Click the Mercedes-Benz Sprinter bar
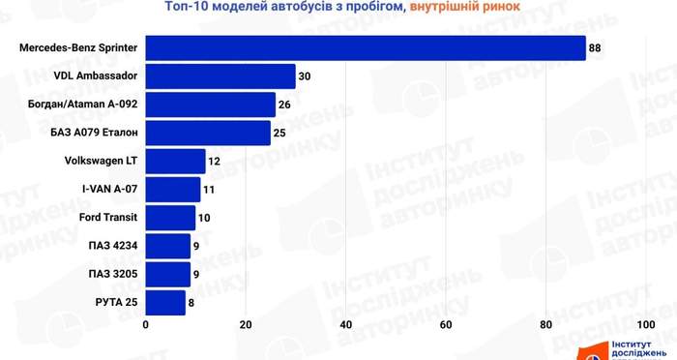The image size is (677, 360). pos(366,48)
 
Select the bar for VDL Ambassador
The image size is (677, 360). pos(221,76)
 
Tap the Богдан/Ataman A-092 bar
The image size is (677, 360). pos(210,105)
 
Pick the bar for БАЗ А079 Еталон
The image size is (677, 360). pos(208,133)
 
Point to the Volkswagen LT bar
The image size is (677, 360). pos(175,162)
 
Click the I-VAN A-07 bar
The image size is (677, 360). pos(173,190)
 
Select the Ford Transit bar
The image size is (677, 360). pos(170,218)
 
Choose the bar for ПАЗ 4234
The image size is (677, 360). pos(168,246)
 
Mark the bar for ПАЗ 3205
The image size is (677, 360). pos(168,274)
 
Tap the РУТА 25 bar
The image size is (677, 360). pos(165,303)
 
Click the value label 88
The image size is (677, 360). pos(595,48)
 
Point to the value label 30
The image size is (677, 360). pos(305,76)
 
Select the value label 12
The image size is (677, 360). pos(214,162)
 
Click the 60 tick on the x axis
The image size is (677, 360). pos(446,324)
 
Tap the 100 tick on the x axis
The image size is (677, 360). pos(646,324)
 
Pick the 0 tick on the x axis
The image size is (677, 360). pos(145,324)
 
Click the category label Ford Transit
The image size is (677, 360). pos(108,218)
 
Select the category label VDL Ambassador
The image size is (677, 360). pos(96,75)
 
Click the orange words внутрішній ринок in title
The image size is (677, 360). pos(464,7)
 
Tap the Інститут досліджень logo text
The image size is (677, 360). pos(636,349)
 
